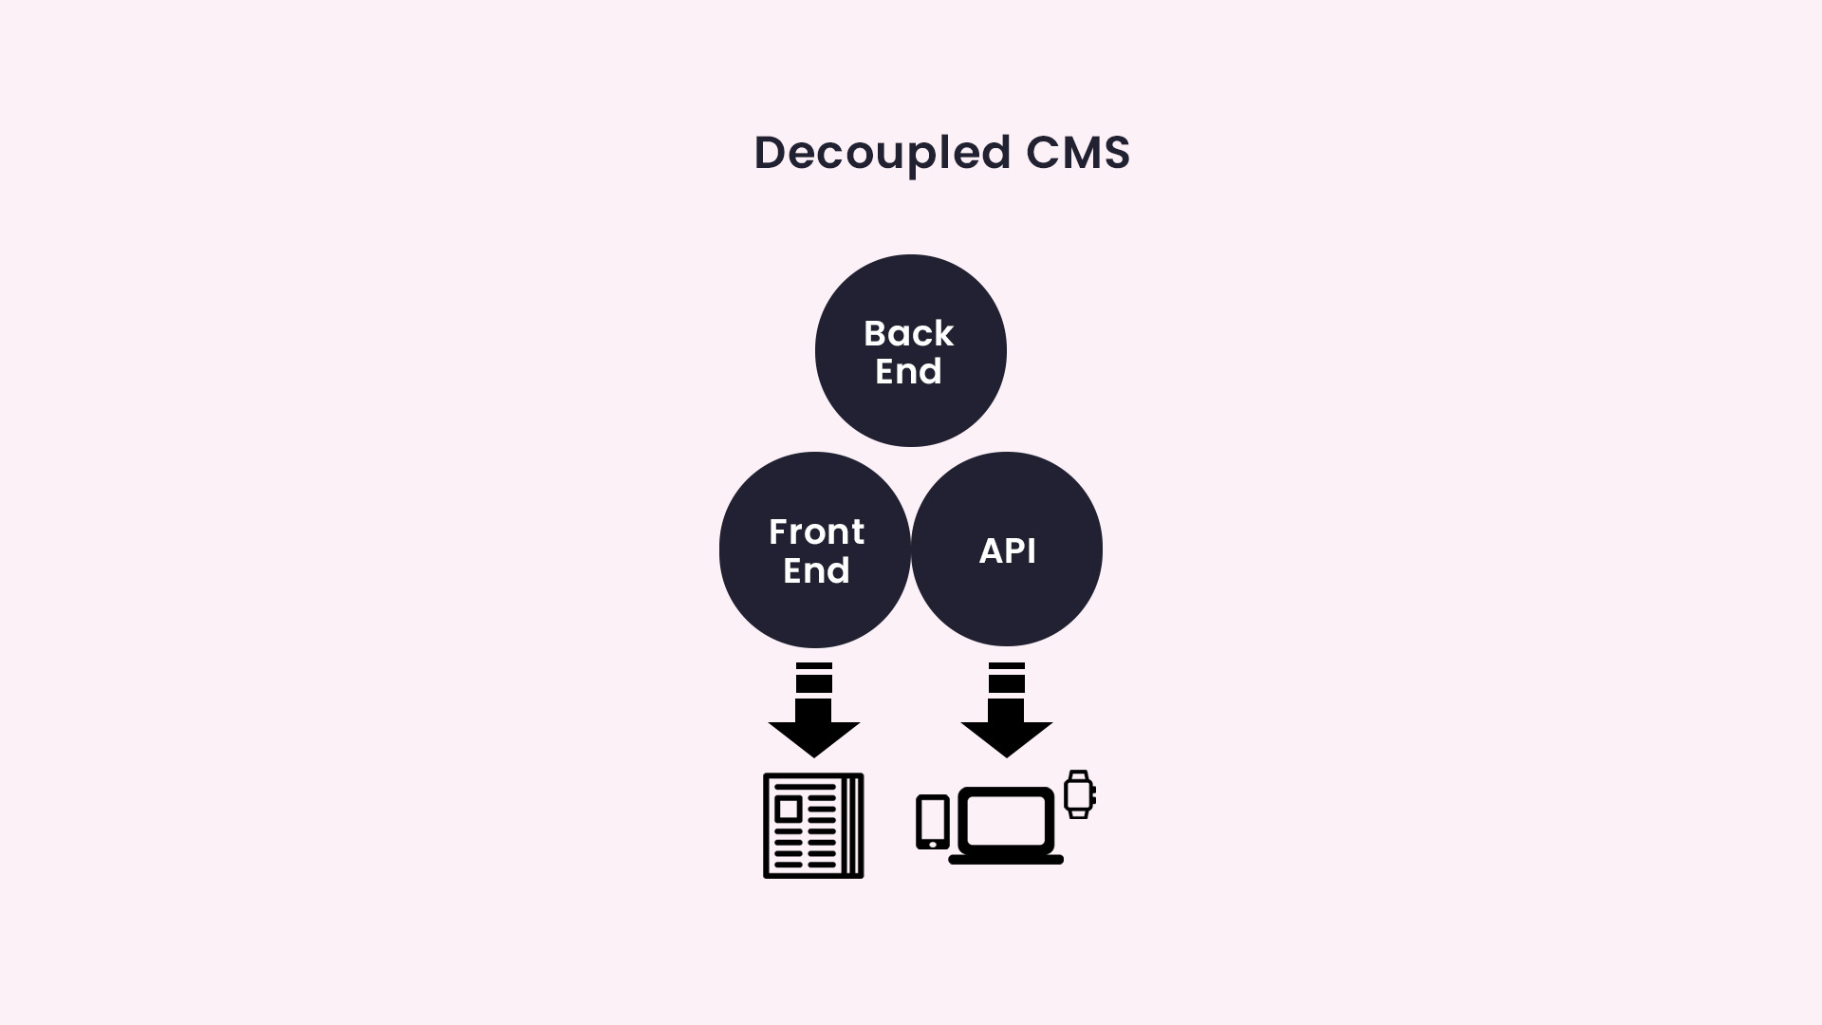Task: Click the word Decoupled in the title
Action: [882, 154]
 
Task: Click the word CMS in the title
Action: [1078, 153]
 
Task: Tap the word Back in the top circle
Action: [908, 334]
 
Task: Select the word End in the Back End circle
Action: [908, 371]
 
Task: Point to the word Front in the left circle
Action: [816, 532]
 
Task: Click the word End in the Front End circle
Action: [816, 570]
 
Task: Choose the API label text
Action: [1007, 551]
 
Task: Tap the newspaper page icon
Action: [813, 826]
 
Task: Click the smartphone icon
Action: [932, 822]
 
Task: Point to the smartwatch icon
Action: [1079, 794]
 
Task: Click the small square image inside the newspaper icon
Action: [788, 809]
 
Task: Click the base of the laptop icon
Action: [1006, 859]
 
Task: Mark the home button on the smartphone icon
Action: [933, 844]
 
